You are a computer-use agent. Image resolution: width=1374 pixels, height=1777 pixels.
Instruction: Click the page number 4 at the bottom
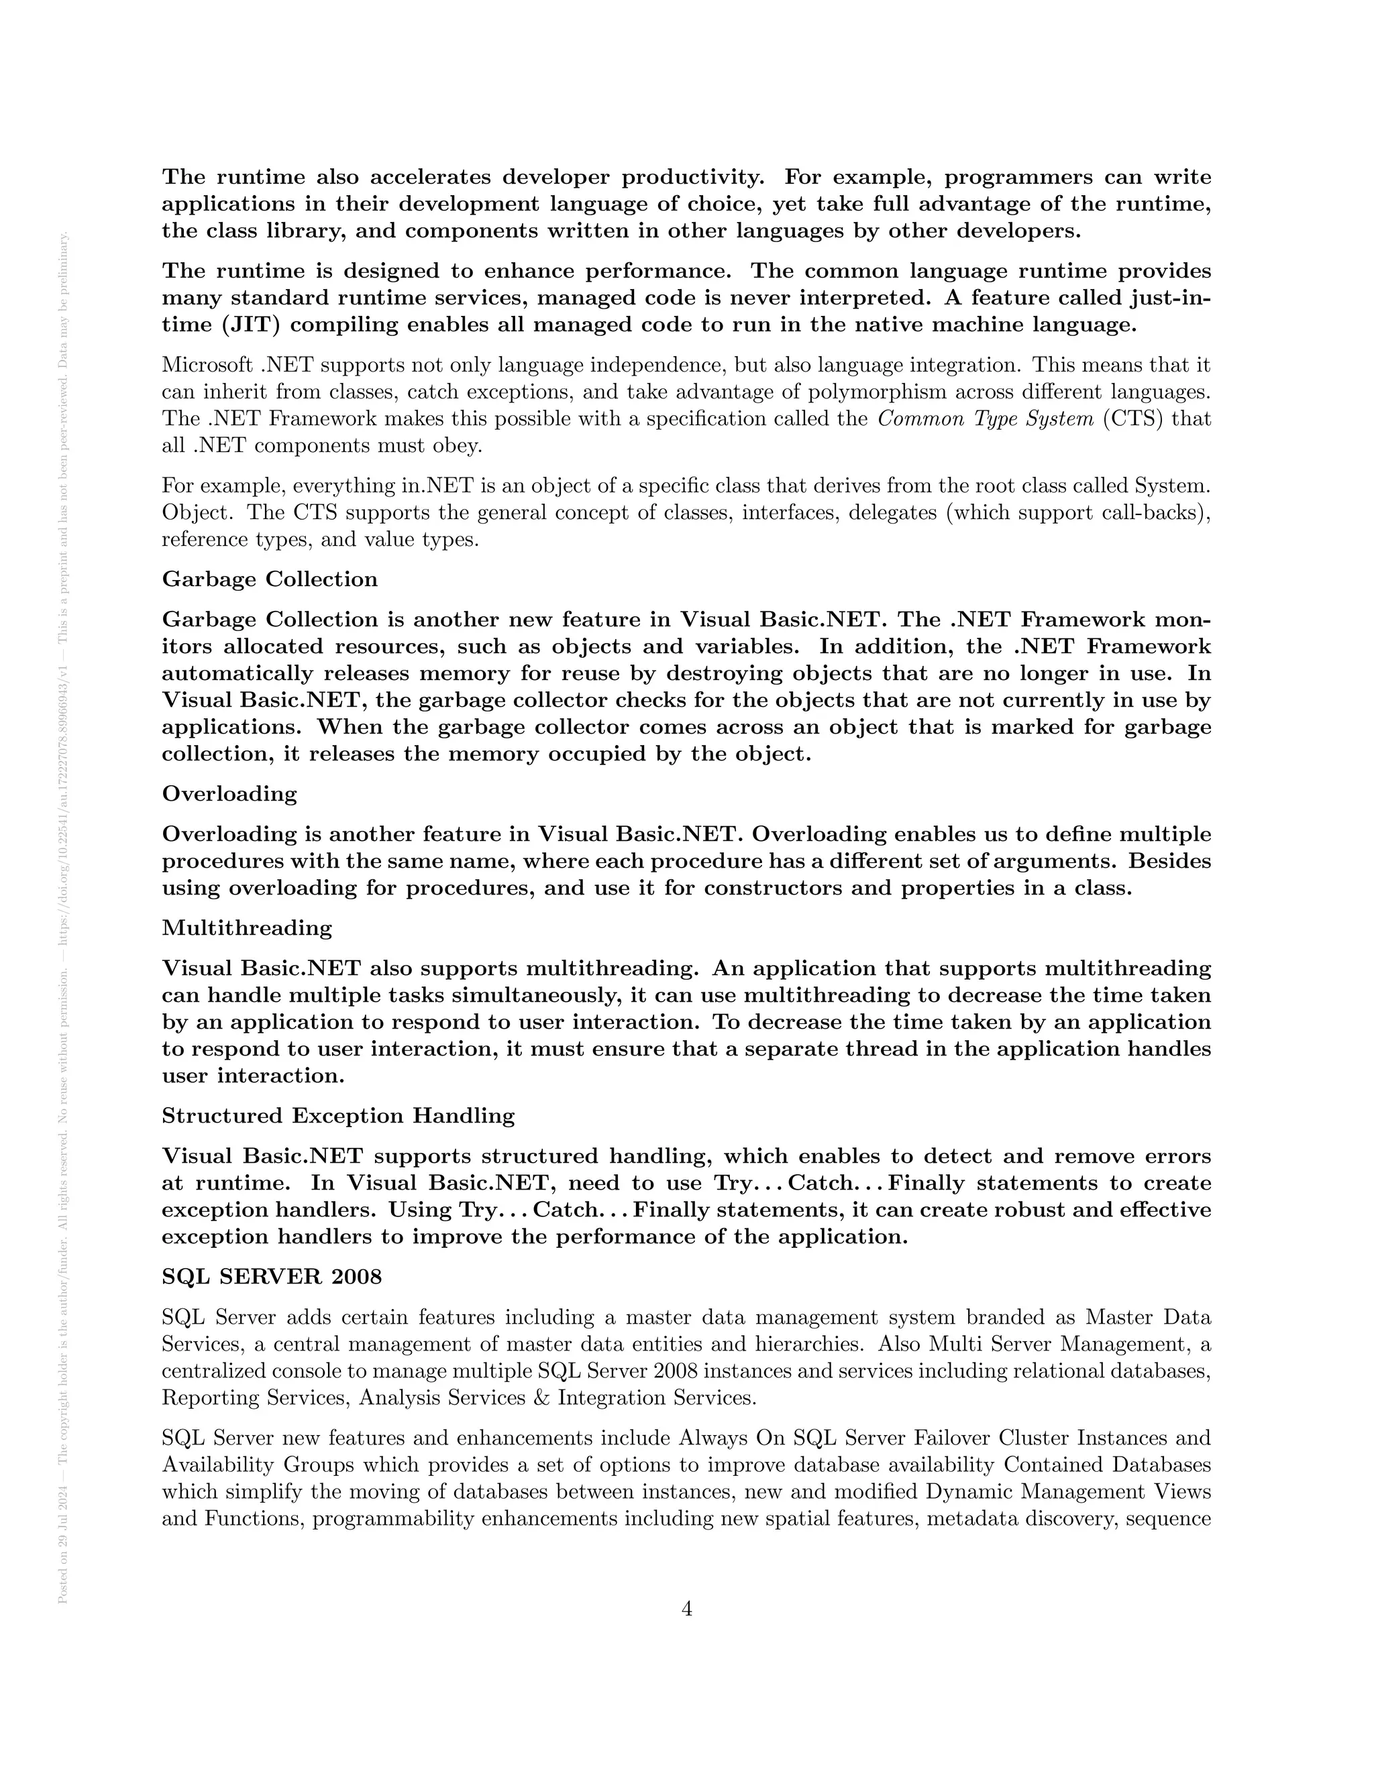click(x=686, y=1609)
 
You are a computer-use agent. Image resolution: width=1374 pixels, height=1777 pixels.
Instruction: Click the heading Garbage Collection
click(x=270, y=579)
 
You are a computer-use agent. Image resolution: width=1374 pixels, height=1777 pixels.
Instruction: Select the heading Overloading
click(x=229, y=794)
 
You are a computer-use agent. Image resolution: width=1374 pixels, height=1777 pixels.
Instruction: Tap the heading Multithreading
click(x=247, y=928)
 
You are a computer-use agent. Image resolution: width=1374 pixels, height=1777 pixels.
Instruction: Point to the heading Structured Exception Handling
click(x=338, y=1116)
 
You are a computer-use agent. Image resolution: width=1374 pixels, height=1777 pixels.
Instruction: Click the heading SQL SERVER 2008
click(x=272, y=1277)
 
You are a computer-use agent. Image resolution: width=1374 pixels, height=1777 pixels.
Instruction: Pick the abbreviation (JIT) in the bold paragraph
click(x=251, y=325)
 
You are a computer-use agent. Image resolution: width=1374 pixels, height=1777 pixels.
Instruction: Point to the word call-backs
click(x=1155, y=514)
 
